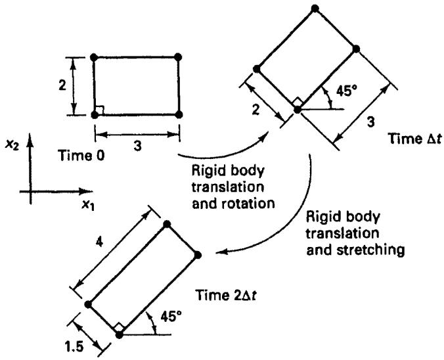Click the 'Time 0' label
pyautogui.click(x=81, y=156)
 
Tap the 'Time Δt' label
pyautogui.click(x=415, y=139)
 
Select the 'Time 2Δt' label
pyautogui.click(x=227, y=296)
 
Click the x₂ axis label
pyautogui.click(x=12, y=146)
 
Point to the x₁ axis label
pyautogui.click(x=89, y=204)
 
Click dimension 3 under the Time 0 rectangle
pyautogui.click(x=137, y=146)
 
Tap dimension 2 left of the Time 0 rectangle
pyautogui.click(x=62, y=85)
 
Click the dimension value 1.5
pyautogui.click(x=74, y=346)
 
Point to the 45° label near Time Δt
pyautogui.click(x=347, y=91)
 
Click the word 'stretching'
pyautogui.click(x=371, y=250)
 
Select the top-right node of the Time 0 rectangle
pyautogui.click(x=178, y=57)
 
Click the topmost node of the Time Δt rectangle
pyautogui.click(x=315, y=9)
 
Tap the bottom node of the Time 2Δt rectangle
pyautogui.click(x=120, y=335)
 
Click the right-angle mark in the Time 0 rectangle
pyautogui.click(x=100, y=110)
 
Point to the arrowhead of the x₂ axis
pyautogui.click(x=30, y=139)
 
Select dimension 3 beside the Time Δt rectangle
pyautogui.click(x=370, y=122)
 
